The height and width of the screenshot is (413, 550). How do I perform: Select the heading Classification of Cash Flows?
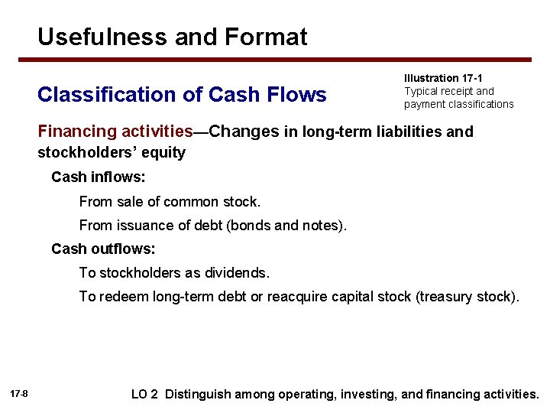point(182,94)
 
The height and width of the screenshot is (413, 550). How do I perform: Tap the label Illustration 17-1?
point(443,78)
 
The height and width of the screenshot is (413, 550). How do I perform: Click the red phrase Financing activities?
point(115,131)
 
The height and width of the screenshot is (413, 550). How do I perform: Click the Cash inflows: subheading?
point(99,177)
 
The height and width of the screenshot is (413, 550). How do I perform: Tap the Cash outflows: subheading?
point(103,249)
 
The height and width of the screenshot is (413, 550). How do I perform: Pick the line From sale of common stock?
point(170,202)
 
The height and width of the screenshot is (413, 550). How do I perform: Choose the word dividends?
point(235,272)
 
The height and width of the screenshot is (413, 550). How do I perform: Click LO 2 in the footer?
point(144,395)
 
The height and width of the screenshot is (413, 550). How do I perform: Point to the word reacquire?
point(296,297)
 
